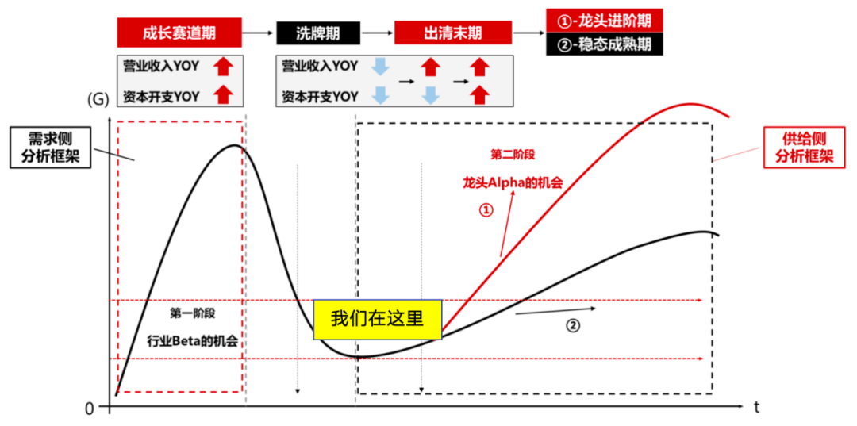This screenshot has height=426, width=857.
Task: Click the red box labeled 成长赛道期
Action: pyautogui.click(x=179, y=33)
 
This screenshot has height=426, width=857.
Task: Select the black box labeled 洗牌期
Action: pyautogui.click(x=318, y=33)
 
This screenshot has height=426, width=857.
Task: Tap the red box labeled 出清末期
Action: pyautogui.click(x=453, y=33)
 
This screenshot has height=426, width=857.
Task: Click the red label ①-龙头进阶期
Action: pyautogui.click(x=604, y=20)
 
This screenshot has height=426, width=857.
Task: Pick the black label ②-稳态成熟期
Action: pyautogui.click(x=604, y=44)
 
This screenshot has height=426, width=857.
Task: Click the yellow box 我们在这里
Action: pyautogui.click(x=375, y=320)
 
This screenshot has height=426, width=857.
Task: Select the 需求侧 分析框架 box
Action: pyautogui.click(x=51, y=148)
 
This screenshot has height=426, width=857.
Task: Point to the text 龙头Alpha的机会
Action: pyautogui.click(x=513, y=182)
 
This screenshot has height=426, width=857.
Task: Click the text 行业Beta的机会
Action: pyautogui.click(x=193, y=341)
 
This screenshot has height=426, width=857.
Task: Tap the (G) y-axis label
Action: pyautogui.click(x=97, y=100)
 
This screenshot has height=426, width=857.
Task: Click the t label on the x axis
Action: pyautogui.click(x=756, y=407)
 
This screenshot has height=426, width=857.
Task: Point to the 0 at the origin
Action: pyautogui.click(x=90, y=408)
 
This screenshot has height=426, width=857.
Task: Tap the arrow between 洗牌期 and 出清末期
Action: pyautogui.click(x=377, y=33)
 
